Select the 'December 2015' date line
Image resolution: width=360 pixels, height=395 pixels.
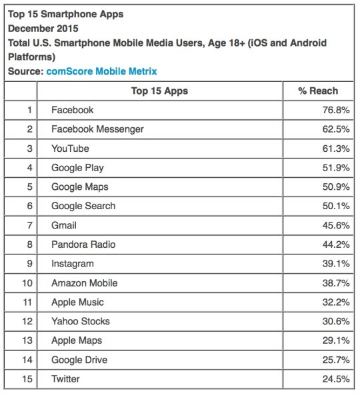click(43, 28)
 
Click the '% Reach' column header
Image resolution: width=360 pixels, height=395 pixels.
click(317, 91)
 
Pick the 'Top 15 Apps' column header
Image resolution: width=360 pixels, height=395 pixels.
click(160, 91)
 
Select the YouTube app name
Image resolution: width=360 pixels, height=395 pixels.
click(70, 149)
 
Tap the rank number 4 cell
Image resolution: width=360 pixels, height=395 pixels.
click(29, 168)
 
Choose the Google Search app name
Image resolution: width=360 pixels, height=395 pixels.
click(83, 206)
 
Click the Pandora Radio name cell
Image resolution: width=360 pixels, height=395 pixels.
click(83, 245)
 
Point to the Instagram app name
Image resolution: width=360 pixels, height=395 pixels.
click(73, 264)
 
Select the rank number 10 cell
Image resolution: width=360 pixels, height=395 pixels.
click(27, 283)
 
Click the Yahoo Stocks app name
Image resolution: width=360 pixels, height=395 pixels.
click(81, 322)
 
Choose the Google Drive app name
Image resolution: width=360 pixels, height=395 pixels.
click(80, 360)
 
